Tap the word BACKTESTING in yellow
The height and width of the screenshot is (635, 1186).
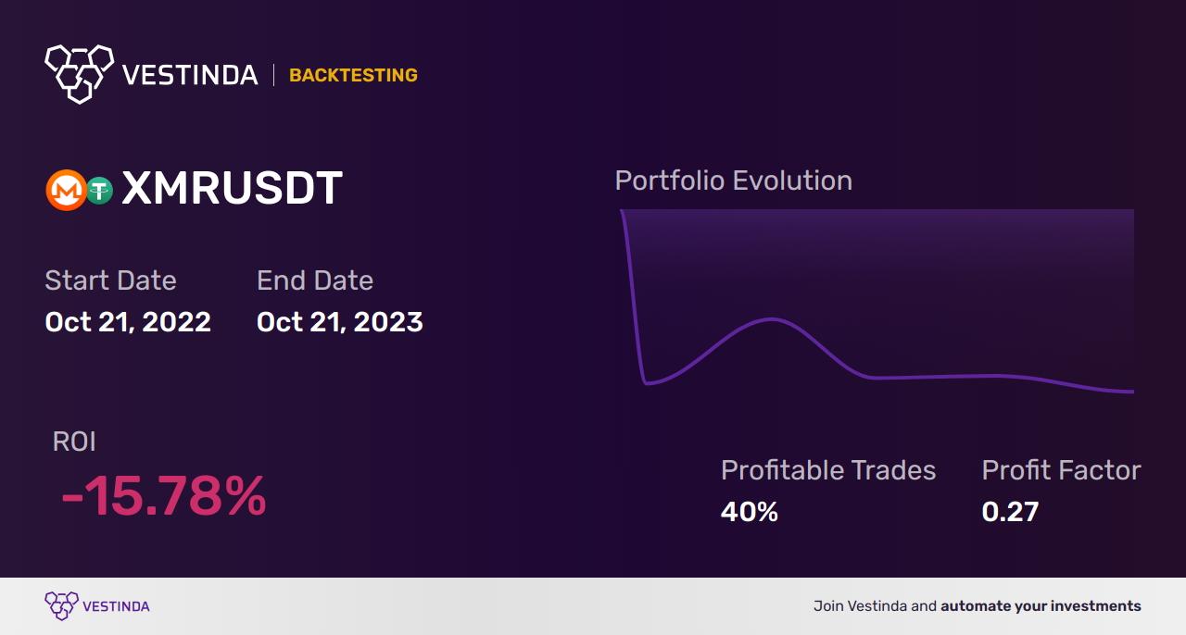[x=353, y=75]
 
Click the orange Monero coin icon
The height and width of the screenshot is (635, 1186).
[x=65, y=191]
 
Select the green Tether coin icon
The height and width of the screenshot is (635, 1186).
[x=99, y=191]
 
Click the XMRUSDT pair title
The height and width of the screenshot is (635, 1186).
[x=232, y=189]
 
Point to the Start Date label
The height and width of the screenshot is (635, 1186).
[x=110, y=280]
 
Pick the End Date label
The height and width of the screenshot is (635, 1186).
[x=315, y=280]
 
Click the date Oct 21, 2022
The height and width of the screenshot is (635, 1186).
[x=128, y=322]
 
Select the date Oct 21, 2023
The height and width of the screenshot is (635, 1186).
[x=339, y=322]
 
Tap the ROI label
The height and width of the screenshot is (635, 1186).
[x=74, y=442]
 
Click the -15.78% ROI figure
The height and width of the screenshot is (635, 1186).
[x=164, y=497]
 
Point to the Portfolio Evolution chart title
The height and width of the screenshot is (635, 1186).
[x=733, y=181]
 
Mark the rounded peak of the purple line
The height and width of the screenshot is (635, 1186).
[x=771, y=319]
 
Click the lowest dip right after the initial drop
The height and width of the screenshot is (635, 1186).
[x=647, y=382]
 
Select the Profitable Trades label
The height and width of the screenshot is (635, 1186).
[x=828, y=470]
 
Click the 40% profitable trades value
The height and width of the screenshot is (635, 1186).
[x=749, y=511]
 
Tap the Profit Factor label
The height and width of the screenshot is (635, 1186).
[x=1061, y=470]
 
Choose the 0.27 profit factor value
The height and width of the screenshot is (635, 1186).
[x=1010, y=511]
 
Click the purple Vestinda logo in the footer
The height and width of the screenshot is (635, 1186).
[x=62, y=606]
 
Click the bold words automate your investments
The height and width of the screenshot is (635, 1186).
[x=1041, y=606]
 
